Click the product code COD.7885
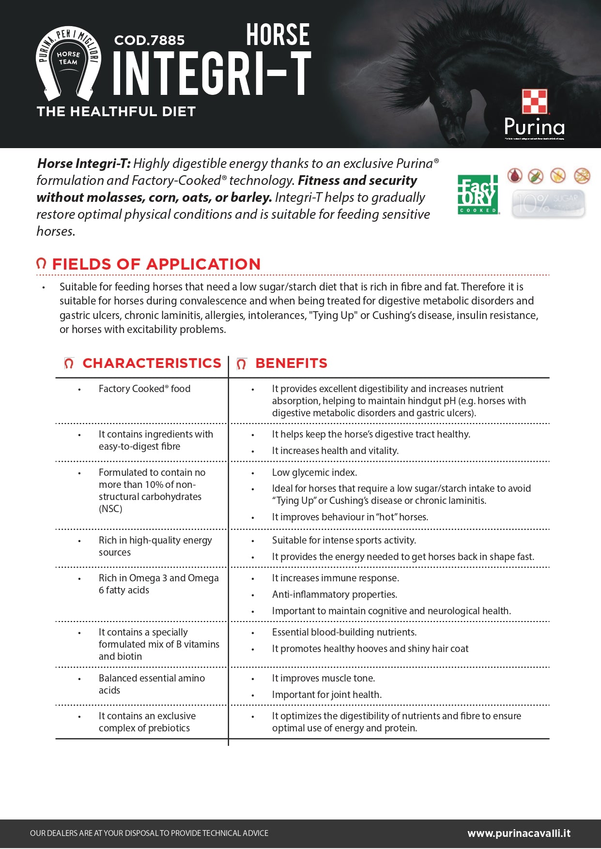[x=149, y=40]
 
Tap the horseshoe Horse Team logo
[x=68, y=63]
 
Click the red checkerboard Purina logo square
[x=534, y=101]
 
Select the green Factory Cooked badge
[x=478, y=195]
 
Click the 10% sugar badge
[x=548, y=203]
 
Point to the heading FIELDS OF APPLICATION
[x=156, y=264]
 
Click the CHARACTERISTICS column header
[x=152, y=364]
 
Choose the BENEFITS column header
[x=291, y=364]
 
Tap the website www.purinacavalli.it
[x=519, y=833]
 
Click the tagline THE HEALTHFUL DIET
[x=116, y=112]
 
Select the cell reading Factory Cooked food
[x=144, y=389]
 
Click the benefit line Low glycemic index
[x=314, y=472]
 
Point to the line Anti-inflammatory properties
[x=334, y=594]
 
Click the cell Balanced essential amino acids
[x=152, y=684]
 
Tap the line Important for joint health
[x=326, y=695]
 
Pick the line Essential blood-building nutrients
[x=344, y=632]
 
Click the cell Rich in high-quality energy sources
[x=155, y=546]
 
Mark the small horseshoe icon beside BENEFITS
[x=242, y=364]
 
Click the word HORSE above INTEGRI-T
[x=277, y=35]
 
